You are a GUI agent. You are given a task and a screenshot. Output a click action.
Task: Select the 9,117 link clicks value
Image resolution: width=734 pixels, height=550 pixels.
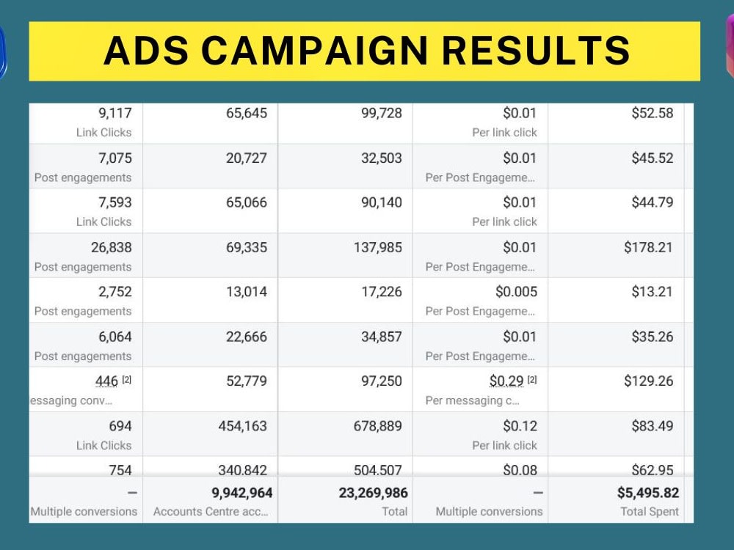click(115, 113)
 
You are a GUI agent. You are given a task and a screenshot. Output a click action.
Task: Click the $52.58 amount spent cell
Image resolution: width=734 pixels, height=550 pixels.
click(652, 113)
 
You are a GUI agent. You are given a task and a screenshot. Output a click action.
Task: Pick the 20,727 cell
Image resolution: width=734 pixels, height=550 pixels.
click(247, 158)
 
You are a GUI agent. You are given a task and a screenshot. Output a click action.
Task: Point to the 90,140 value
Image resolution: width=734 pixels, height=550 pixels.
click(382, 202)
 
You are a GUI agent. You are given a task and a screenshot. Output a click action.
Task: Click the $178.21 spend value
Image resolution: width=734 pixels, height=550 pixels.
click(648, 247)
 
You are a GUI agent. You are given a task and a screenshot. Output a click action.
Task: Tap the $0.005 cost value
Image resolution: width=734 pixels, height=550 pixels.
click(516, 292)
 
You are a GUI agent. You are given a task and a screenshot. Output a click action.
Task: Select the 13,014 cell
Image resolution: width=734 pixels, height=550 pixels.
click(247, 292)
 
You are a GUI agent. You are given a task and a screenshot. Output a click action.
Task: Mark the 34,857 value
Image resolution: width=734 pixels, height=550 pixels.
click(382, 337)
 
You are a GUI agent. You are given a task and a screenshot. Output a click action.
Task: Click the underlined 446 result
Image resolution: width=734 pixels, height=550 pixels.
click(106, 381)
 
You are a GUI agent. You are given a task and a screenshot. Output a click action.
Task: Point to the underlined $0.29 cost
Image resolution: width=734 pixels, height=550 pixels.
click(506, 381)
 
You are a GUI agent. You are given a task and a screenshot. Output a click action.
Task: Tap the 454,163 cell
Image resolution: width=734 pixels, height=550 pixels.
click(243, 426)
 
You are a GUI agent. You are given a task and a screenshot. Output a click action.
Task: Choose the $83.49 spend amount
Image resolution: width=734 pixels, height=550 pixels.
click(652, 426)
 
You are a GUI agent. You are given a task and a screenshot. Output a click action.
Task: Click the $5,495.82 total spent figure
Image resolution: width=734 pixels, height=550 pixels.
click(648, 493)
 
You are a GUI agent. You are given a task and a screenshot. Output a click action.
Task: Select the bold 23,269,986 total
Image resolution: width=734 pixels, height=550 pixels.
click(373, 493)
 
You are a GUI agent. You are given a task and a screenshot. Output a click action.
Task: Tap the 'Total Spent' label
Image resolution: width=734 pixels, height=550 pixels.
click(650, 511)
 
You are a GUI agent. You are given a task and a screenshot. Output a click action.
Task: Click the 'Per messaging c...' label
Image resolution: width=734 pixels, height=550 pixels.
click(472, 400)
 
